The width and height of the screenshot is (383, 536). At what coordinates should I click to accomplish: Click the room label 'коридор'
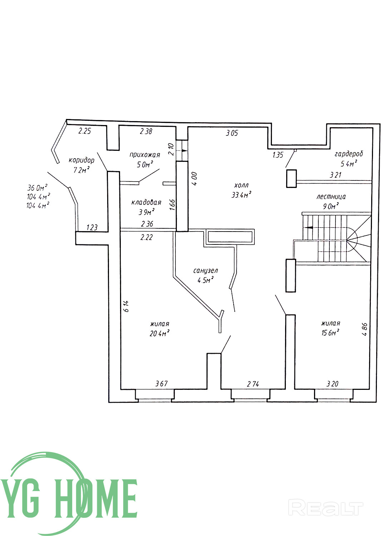(81, 160)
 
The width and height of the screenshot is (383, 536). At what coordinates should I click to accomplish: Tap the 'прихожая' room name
(145, 155)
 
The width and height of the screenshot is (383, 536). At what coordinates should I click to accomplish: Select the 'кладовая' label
(146, 203)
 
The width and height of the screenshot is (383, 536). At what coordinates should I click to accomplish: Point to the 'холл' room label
(242, 185)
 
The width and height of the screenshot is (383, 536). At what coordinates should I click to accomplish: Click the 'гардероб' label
(349, 154)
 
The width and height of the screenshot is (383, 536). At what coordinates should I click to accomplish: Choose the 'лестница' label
(331, 197)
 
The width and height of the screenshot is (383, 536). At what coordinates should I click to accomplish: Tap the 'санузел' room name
(205, 271)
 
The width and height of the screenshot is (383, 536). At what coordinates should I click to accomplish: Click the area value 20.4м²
(160, 333)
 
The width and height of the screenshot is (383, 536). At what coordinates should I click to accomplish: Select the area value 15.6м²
(330, 332)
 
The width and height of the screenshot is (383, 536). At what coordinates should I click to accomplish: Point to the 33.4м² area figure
(241, 195)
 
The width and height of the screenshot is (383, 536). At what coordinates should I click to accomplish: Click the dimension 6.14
(126, 306)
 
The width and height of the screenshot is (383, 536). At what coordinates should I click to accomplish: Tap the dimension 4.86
(364, 329)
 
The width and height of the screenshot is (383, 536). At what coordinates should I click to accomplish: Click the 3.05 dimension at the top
(232, 133)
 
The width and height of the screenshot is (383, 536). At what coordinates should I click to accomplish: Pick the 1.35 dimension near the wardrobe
(278, 155)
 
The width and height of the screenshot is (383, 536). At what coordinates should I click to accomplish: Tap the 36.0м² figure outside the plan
(37, 187)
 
